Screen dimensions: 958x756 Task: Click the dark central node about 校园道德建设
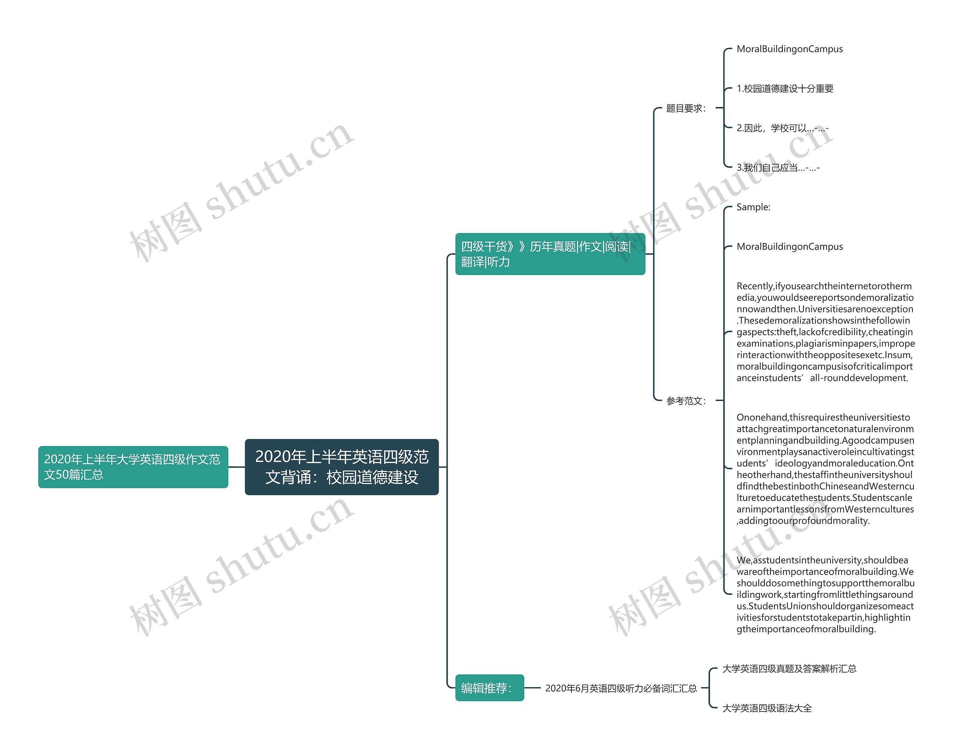pyautogui.click(x=341, y=466)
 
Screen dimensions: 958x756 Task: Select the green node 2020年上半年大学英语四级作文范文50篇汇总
pyautogui.click(x=133, y=466)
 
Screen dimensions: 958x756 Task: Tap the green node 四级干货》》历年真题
pyautogui.click(x=550, y=254)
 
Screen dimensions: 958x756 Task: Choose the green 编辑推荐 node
pyautogui.click(x=489, y=688)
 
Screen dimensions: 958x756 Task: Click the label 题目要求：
pyautogui.click(x=686, y=108)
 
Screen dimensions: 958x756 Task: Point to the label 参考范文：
pyautogui.click(x=686, y=401)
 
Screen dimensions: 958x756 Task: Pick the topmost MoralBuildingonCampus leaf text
pyautogui.click(x=789, y=49)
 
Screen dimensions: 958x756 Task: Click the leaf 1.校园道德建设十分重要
pyautogui.click(x=784, y=89)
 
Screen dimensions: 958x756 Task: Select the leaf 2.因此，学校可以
pyautogui.click(x=782, y=128)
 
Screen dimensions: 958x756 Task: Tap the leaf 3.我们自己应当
pyautogui.click(x=777, y=168)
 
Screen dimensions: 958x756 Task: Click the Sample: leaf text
pyautogui.click(x=753, y=207)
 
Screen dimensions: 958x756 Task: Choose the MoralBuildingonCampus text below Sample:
pyautogui.click(x=789, y=247)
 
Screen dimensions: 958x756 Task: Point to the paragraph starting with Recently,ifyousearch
pyautogui.click(x=825, y=332)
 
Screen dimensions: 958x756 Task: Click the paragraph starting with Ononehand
pyautogui.click(x=825, y=469)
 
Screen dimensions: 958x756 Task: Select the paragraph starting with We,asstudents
pyautogui.click(x=825, y=594)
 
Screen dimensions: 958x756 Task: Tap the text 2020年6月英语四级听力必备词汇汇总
pyautogui.click(x=621, y=688)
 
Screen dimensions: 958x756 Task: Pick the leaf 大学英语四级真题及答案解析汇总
pyautogui.click(x=789, y=668)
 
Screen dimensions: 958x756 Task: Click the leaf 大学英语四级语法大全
pyautogui.click(x=767, y=708)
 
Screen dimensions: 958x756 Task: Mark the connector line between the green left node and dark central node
pyautogui.click(x=237, y=466)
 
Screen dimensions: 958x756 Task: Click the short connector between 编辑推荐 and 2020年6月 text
pyautogui.click(x=533, y=688)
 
